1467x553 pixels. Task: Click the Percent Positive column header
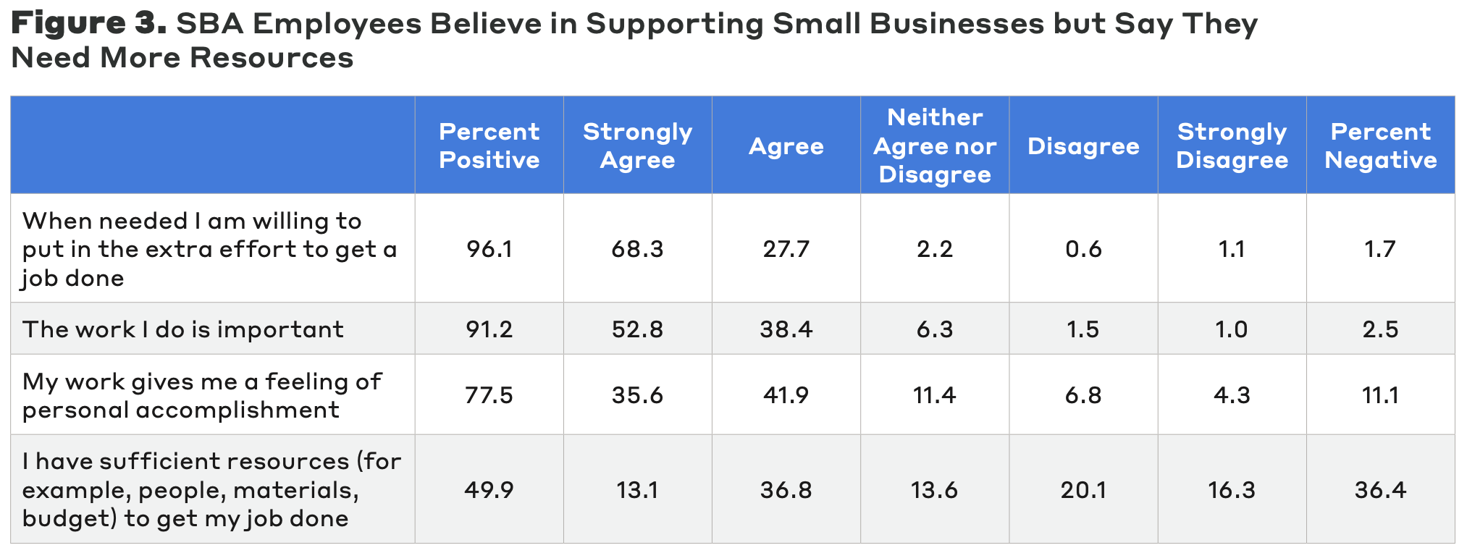(x=489, y=145)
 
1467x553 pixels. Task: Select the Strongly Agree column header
(x=637, y=145)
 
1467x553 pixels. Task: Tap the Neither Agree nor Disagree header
(x=934, y=145)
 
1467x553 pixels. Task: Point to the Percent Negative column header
(x=1380, y=145)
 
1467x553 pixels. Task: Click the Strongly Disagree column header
(x=1232, y=145)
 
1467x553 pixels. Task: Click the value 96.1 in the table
(x=489, y=249)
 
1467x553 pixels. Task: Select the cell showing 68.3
(x=637, y=249)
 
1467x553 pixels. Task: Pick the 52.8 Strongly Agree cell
(x=637, y=329)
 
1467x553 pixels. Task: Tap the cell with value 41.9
(x=786, y=395)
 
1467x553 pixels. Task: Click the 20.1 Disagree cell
(x=1083, y=490)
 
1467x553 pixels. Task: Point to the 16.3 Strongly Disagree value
(x=1232, y=490)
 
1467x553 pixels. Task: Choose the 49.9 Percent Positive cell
(x=489, y=490)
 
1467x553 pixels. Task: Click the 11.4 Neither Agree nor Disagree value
(x=934, y=395)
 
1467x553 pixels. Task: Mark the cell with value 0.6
(x=1083, y=249)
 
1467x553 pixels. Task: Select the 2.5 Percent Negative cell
(x=1380, y=329)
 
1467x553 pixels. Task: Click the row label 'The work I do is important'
(x=183, y=329)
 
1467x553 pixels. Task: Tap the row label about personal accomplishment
(x=201, y=395)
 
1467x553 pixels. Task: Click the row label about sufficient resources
(x=211, y=490)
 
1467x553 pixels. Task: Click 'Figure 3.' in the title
(x=88, y=24)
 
